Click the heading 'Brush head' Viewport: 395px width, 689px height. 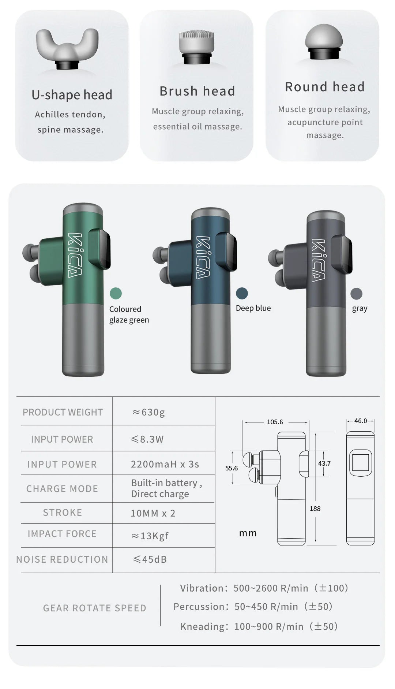(x=197, y=91)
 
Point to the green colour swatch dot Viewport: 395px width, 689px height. (x=116, y=293)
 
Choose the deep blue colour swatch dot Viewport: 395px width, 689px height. (x=242, y=293)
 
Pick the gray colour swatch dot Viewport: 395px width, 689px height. (x=356, y=293)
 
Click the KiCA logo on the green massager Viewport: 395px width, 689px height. (x=75, y=255)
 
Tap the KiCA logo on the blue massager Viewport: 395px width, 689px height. (x=203, y=257)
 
